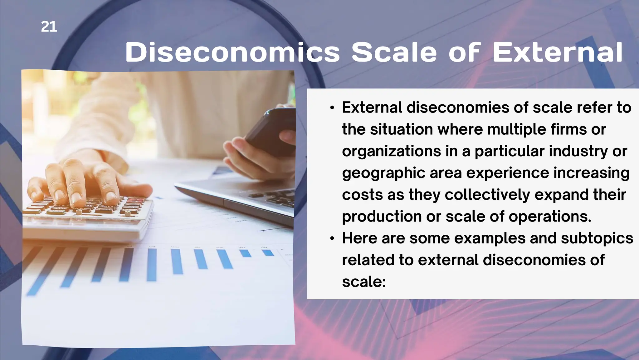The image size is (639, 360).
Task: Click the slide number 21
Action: point(49,27)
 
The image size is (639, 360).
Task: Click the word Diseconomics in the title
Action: point(232,52)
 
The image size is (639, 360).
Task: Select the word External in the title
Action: point(558,52)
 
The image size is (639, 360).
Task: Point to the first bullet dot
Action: point(332,108)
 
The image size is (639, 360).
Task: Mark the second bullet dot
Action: point(332,239)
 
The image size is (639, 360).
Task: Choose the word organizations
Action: point(391,151)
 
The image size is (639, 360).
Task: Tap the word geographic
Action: point(383,173)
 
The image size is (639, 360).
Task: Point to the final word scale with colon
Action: point(364,282)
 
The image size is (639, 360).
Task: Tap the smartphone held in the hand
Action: point(271,131)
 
